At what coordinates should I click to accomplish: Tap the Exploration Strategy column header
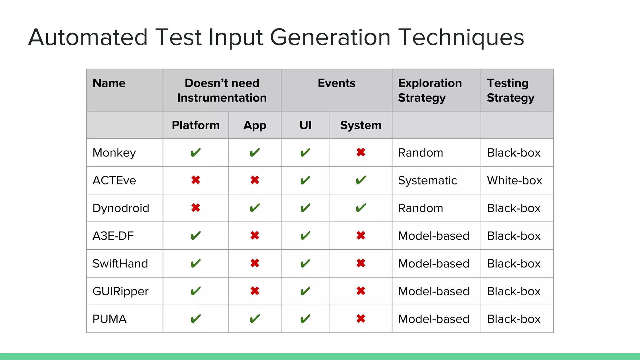[430, 90]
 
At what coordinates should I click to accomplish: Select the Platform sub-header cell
[196, 125]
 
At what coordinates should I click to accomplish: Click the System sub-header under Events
[361, 125]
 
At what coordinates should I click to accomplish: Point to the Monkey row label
[114, 153]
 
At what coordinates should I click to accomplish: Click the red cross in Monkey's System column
[361, 152]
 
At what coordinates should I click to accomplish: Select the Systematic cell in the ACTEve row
[427, 181]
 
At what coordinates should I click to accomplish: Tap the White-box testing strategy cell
[514, 181]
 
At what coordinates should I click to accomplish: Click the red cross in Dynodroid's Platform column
[196, 208]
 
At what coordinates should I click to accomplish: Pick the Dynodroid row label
[121, 208]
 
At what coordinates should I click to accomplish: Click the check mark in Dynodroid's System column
[361, 208]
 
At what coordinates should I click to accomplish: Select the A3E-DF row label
[113, 236]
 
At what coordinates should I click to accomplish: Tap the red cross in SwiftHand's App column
[255, 263]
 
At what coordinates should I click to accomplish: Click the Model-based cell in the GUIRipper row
[433, 291]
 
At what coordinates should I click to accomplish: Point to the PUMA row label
[109, 319]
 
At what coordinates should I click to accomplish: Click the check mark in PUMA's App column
[255, 319]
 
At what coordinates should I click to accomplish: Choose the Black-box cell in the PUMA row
[514, 319]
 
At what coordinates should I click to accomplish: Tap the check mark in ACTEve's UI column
[305, 180]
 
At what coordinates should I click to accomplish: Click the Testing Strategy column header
[511, 90]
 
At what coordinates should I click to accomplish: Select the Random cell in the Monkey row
[420, 153]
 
